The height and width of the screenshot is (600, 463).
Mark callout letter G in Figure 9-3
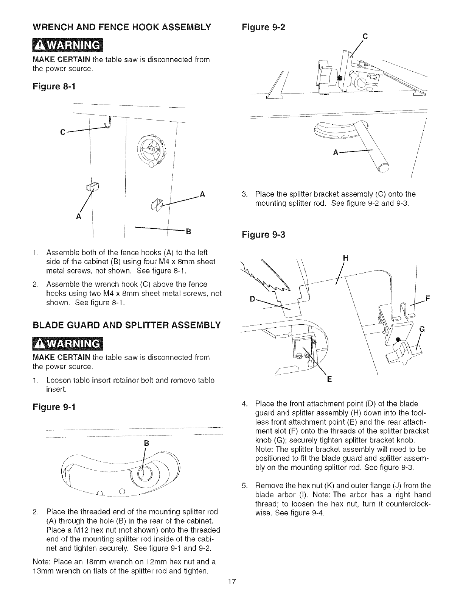[x=423, y=329]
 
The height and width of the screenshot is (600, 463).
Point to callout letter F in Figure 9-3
[x=428, y=298]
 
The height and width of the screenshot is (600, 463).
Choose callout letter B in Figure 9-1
[x=146, y=442]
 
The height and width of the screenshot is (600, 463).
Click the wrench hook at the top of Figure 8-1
[x=109, y=123]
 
